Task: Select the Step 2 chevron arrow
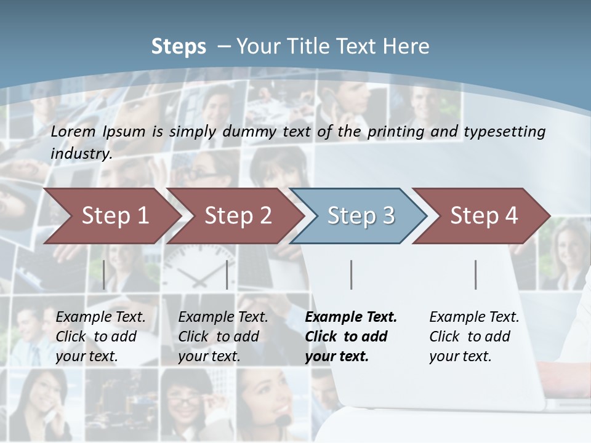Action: click(238, 215)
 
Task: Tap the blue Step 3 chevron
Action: click(361, 215)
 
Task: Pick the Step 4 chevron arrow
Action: click(484, 215)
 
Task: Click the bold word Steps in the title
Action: click(179, 47)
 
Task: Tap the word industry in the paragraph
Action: click(81, 154)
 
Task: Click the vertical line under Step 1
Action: click(104, 274)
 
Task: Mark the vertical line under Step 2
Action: click(227, 274)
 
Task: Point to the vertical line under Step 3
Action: click(352, 274)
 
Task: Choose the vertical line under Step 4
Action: click(476, 274)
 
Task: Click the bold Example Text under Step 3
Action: click(351, 317)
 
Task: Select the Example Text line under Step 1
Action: click(100, 317)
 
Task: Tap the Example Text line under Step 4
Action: click(474, 317)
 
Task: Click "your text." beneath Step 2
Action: click(209, 356)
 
